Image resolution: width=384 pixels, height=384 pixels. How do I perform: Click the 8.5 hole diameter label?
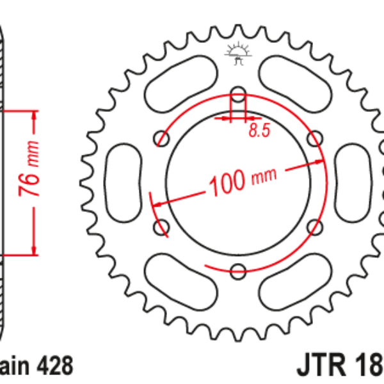coord(259,131)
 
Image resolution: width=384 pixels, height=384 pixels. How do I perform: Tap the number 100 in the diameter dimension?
coord(226,183)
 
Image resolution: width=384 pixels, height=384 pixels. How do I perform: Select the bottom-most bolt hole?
coord(237,270)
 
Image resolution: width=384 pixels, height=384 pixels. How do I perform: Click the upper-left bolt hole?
coord(161,139)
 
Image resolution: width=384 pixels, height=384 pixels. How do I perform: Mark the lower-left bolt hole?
coord(161,227)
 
